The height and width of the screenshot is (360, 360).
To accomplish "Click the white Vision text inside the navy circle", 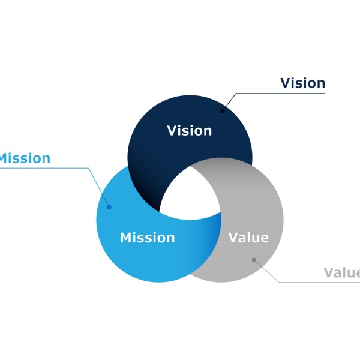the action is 190,131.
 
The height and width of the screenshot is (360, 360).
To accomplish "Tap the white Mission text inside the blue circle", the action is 148,238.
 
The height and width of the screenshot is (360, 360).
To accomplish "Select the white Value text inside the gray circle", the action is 248,238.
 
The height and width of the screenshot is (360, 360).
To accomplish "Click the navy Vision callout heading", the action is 302,83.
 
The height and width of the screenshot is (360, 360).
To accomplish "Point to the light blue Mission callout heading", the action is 25,158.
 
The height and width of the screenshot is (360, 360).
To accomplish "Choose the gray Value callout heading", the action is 342,272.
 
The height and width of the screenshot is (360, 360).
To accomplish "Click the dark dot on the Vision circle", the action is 223,111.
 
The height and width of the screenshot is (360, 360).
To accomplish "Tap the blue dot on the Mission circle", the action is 109,208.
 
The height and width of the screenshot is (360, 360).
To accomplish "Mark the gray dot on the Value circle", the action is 254,260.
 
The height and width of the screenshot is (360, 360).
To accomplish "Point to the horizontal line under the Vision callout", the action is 280,94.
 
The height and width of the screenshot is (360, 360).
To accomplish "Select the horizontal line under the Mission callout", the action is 44,168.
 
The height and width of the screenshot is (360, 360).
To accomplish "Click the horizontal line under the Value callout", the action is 319,282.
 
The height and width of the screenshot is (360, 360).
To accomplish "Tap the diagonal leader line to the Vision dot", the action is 229,102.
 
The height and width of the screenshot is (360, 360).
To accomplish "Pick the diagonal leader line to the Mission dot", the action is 99,188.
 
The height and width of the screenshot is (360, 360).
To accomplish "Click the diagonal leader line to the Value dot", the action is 266,271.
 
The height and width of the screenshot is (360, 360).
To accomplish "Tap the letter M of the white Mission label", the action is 127,238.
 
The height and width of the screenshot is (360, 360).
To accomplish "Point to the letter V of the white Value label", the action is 234,238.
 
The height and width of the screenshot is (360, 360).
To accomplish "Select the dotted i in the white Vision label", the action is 181,131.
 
